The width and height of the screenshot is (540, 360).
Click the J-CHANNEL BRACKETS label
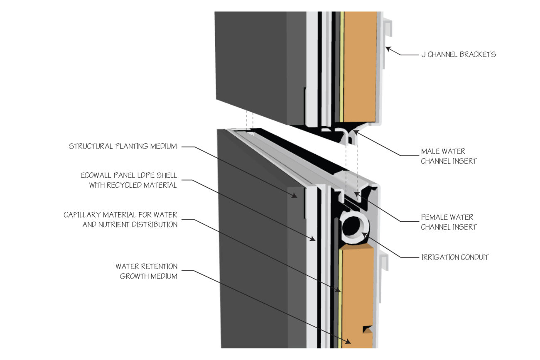pos(458,54)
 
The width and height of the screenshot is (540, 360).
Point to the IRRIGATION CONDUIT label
pos(455,257)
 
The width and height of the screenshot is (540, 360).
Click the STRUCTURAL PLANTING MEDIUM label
pos(123,146)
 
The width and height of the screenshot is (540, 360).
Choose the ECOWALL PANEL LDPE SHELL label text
pos(129,180)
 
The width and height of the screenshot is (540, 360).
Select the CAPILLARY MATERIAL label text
pos(120,220)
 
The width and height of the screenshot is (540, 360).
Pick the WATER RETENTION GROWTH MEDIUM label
pos(147,271)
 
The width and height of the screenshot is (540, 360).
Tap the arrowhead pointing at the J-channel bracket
pos(387,49)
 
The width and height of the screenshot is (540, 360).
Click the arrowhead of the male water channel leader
pos(354,132)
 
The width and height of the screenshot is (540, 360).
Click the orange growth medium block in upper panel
pos(360,66)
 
